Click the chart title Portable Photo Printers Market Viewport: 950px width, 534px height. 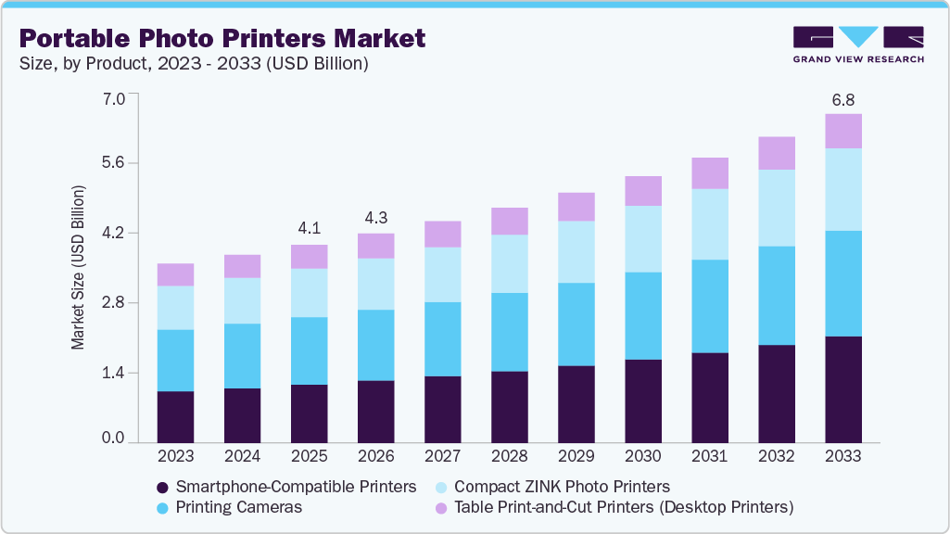click(222, 38)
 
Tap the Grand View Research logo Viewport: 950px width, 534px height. click(858, 44)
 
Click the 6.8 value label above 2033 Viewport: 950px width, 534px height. click(842, 98)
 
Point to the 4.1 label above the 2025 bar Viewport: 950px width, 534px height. click(309, 228)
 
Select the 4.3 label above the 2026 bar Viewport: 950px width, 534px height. click(375, 217)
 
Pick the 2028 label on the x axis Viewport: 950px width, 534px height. click(509, 456)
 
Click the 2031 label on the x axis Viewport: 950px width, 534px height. click(709, 456)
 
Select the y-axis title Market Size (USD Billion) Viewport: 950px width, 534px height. click(79, 268)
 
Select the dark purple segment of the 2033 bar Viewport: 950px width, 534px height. click(842, 389)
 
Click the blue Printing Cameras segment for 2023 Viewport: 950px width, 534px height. click(175, 360)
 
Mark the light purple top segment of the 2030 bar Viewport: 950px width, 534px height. click(642, 191)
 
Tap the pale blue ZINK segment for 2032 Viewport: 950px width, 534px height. click(776, 208)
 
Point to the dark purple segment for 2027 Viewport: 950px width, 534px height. click(442, 409)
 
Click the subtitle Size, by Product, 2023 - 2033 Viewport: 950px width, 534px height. click(194, 64)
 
